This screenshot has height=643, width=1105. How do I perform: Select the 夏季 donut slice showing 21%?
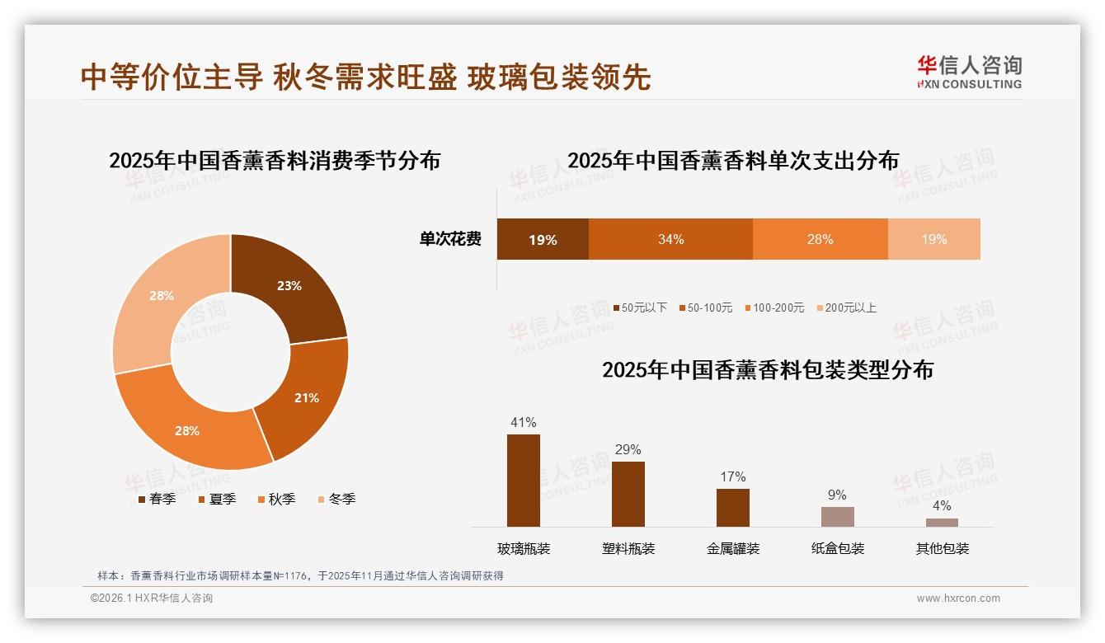[305, 397]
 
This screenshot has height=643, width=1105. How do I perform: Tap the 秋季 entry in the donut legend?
[276, 499]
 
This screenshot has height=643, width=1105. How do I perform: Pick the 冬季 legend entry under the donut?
[336, 499]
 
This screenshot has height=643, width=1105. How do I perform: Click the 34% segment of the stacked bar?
[670, 239]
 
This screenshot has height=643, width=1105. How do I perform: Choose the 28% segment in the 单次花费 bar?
[820, 239]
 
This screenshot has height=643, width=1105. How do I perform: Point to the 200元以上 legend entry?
[846, 307]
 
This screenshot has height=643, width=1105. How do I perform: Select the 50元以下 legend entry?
[639, 307]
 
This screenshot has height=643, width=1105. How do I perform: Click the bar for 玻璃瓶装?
[524, 481]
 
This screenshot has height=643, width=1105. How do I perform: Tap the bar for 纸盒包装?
[837, 517]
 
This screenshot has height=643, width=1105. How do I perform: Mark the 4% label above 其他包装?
[942, 505]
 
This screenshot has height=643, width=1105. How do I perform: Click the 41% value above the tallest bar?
[524, 422]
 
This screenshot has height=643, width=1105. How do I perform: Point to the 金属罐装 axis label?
[733, 548]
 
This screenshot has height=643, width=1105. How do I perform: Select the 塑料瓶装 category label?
[628, 548]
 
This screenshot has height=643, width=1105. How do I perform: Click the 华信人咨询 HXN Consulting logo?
[969, 72]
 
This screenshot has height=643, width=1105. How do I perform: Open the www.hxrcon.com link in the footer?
[958, 598]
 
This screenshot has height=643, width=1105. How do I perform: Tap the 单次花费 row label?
[450, 239]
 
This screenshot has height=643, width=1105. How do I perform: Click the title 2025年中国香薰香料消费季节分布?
[275, 160]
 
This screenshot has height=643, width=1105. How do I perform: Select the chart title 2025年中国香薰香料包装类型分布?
[768, 370]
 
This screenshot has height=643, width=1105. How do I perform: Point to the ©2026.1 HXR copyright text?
[152, 598]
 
